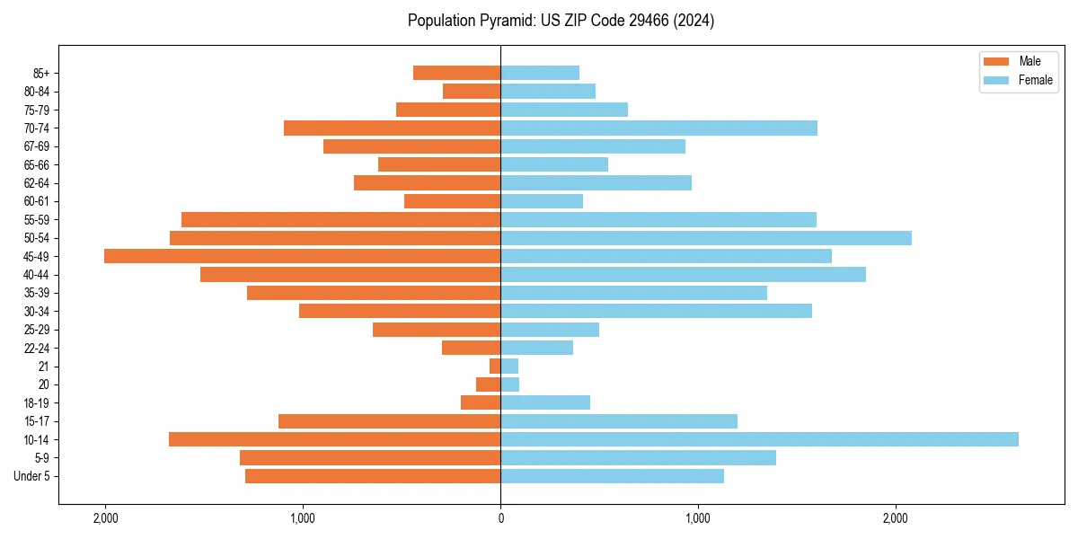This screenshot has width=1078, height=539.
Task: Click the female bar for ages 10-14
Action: coord(759,439)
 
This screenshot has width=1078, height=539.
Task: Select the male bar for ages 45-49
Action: coord(303,256)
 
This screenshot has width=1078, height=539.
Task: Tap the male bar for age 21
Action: coord(495,367)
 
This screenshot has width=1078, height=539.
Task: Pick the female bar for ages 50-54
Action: coord(706,238)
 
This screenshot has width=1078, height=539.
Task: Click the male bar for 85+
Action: coord(456,73)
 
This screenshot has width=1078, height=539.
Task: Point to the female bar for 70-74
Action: coord(658,128)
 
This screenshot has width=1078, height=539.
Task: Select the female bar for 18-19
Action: coord(545,402)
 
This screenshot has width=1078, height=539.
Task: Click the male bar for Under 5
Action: coord(373,476)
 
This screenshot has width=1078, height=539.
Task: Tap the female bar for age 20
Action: coord(510,384)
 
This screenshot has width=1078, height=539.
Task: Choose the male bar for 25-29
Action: coord(437,330)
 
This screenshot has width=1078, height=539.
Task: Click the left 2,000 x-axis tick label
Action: coord(105,518)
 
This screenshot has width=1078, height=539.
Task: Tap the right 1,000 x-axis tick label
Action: coord(698,518)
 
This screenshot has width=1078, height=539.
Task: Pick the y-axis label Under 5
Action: coord(32,476)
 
